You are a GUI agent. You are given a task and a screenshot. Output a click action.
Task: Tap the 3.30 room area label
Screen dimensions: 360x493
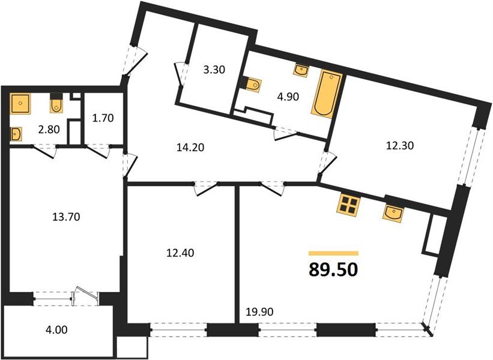tap(214, 70)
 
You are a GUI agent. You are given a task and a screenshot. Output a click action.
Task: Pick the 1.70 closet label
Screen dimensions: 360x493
tap(103, 119)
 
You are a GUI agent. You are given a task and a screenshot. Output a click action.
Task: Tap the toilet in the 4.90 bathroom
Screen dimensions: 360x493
tap(252, 85)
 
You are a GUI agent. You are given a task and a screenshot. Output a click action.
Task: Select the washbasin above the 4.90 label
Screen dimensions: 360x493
tap(302, 71)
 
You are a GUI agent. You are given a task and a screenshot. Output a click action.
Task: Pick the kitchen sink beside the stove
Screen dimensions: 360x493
tap(393, 212)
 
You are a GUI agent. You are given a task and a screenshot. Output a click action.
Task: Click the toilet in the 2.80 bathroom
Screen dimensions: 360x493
tap(56, 105)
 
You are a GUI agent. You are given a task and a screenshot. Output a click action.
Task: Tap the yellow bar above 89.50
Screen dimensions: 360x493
tap(333, 254)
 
